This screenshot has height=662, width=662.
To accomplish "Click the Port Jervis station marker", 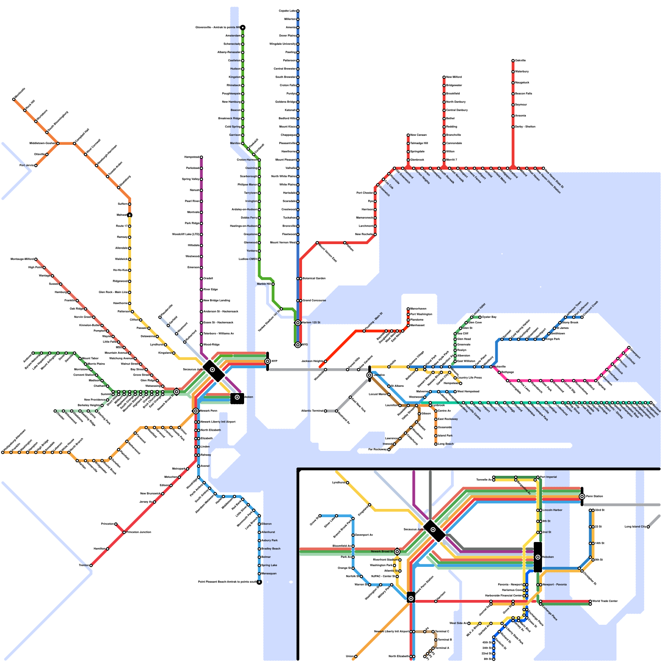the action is pos(36,165).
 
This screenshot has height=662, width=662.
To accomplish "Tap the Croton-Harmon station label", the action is pos(247,160).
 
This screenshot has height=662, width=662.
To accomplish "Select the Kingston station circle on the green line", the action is pos(243,77).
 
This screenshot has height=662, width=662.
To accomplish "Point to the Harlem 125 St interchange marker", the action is pos(298,323).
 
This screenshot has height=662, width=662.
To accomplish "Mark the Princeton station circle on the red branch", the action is pos(116,524).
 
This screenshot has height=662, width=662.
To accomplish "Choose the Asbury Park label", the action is pos(270,540).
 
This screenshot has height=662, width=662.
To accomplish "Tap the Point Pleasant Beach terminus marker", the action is pos(259,582).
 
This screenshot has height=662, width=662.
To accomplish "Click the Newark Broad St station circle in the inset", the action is pos(397,552).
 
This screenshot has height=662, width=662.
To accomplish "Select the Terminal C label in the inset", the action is pos(442,631).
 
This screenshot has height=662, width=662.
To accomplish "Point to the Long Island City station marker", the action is pos(648,527).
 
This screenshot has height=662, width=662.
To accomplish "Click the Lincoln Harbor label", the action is pos(552,510).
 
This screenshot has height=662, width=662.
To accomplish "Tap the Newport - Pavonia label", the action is pos(555,585).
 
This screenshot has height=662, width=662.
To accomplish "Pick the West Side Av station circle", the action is pos(469,623).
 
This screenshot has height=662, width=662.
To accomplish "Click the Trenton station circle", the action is pos(91,565).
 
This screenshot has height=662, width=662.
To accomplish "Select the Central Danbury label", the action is pos(457,110).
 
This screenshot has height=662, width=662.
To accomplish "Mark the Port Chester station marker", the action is pos(375,193).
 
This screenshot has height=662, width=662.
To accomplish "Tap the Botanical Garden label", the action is pos(314,278).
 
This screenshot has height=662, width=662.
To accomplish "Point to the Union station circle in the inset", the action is pos(356,656).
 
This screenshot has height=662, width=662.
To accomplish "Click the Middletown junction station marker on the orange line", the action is pos(58,144).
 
